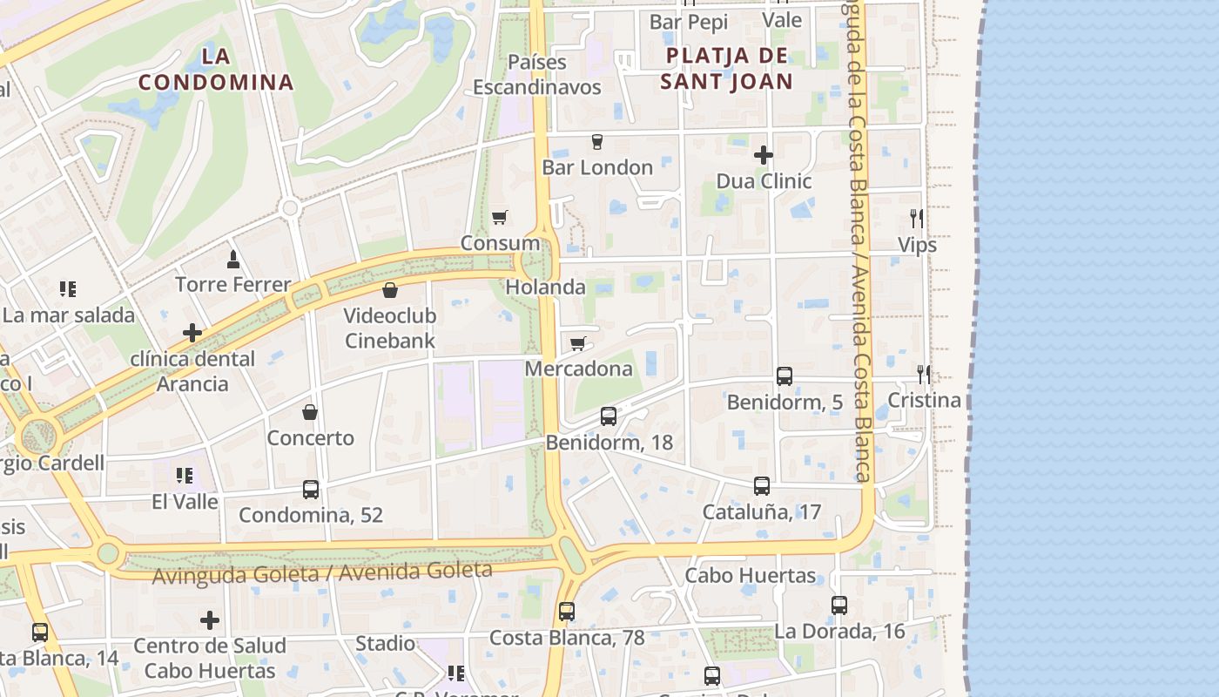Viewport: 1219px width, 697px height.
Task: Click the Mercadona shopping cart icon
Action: point(577,343)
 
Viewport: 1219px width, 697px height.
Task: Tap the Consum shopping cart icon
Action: point(499,217)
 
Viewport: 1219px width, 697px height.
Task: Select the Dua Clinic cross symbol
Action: point(763,155)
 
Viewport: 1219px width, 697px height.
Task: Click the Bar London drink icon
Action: point(597,141)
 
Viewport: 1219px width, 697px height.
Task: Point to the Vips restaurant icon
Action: point(917,219)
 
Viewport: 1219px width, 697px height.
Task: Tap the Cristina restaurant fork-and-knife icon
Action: point(924,375)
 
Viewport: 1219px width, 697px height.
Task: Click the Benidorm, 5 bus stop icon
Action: point(785,376)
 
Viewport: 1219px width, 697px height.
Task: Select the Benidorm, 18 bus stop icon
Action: point(609,416)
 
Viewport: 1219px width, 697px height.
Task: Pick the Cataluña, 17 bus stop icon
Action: point(762,486)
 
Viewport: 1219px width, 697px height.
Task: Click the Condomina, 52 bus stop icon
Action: point(311,490)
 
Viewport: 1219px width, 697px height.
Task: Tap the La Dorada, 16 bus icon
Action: point(839,606)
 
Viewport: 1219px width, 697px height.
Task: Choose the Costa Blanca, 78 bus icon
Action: point(567,612)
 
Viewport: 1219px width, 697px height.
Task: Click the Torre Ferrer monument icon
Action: point(232,259)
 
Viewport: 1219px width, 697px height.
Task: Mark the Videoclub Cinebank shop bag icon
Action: point(390,289)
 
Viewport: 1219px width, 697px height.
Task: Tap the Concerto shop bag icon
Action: point(310,412)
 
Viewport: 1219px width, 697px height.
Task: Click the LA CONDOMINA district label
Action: point(216,70)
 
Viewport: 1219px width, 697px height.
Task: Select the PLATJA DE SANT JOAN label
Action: point(726,69)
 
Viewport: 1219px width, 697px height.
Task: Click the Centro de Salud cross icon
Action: point(210,620)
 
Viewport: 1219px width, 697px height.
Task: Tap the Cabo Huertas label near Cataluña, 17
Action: point(751,576)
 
